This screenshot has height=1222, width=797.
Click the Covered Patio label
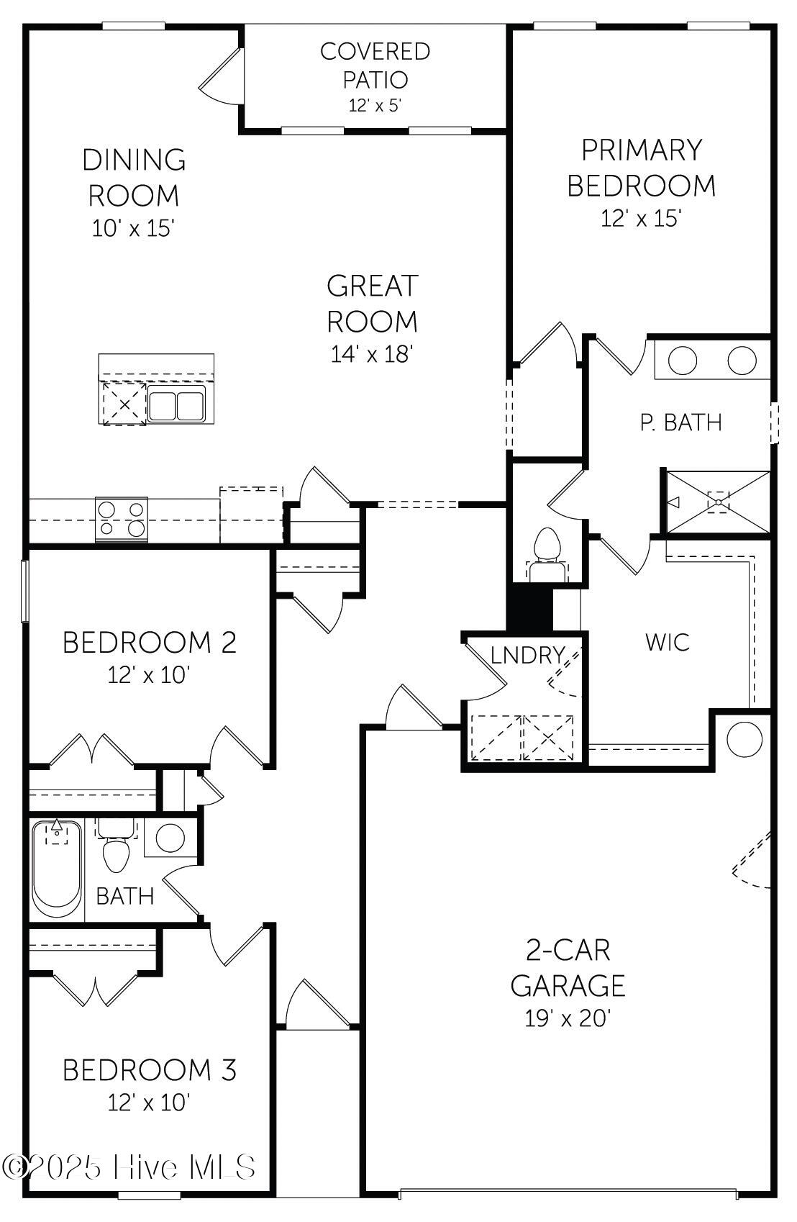(x=375, y=65)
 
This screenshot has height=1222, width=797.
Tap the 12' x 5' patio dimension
(x=375, y=105)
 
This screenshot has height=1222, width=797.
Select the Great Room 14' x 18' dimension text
(x=372, y=354)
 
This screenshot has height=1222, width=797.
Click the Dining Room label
(x=134, y=177)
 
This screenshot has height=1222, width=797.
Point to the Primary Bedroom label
(x=641, y=167)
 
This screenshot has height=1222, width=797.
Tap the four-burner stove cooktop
(x=122, y=519)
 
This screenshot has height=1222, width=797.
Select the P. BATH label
(x=680, y=422)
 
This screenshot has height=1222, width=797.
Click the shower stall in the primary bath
(x=718, y=502)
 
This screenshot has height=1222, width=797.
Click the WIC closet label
(x=667, y=642)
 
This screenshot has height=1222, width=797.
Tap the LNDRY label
(x=527, y=656)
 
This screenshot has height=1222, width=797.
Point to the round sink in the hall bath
(x=170, y=838)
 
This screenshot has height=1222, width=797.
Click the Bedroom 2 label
(x=149, y=642)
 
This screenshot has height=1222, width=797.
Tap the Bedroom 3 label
(x=149, y=1070)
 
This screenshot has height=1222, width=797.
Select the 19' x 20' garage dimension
(x=568, y=1018)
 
